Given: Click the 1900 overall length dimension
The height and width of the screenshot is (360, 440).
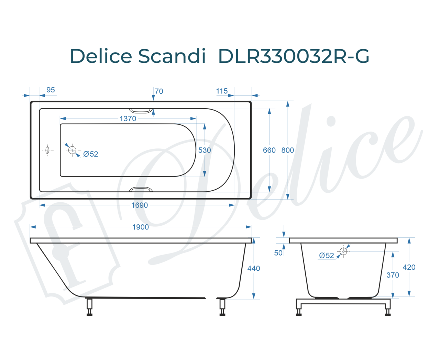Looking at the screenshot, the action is coord(140,227).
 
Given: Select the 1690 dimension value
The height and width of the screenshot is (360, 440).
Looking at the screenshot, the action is coord(140,205).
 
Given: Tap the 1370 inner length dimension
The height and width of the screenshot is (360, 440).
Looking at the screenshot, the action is coord(128,119).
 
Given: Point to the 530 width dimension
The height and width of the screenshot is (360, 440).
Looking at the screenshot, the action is coord(205,150).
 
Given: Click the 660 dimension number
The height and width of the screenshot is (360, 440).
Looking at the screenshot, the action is coord(269,150).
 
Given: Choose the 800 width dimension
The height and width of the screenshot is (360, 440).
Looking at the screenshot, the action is coord(287,150).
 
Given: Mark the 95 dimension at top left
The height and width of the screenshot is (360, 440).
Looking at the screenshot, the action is coord(51,90).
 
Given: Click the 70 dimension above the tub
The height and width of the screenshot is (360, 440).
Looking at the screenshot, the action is coord(159,91).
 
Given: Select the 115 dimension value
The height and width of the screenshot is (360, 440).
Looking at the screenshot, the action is coord(222,91).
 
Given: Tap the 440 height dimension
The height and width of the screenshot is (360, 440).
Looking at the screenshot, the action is coord(253,268).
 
